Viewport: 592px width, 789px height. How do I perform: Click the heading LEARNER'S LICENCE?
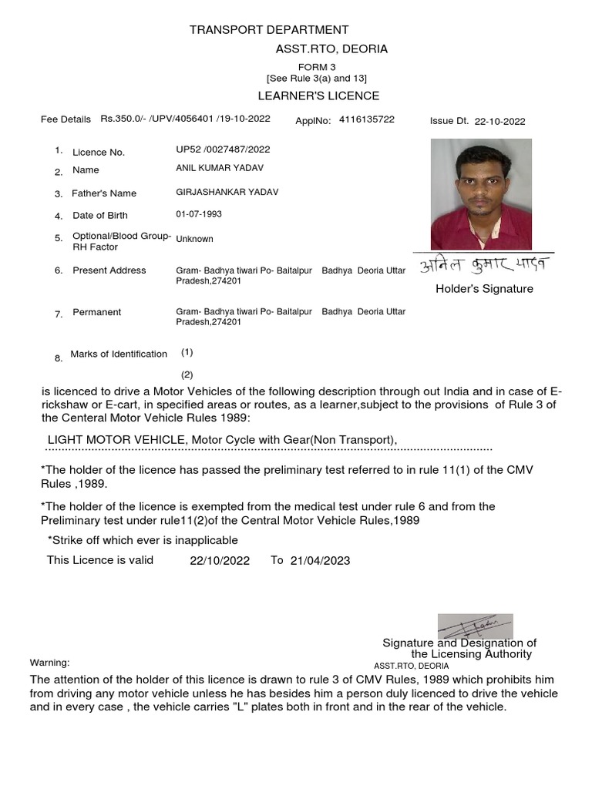pos(318,96)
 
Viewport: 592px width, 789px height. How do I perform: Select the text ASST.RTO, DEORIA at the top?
pos(331,49)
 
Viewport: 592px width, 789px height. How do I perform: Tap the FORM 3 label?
pos(317,67)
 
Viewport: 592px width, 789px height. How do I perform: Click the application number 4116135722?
pos(366,119)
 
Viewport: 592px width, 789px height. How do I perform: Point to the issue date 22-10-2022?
pos(499,121)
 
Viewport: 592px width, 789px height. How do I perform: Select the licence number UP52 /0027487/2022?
pos(223,149)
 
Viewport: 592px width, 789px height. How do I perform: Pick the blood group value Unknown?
pos(194,239)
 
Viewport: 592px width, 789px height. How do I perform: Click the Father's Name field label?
pos(104,193)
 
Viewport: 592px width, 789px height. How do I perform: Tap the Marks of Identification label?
pos(119,354)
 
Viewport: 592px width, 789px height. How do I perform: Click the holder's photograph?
pos(481,193)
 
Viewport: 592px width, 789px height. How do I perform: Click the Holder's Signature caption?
pos(484,289)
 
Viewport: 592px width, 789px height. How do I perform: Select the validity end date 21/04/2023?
pos(320,561)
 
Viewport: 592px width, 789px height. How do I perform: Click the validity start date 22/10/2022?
pos(220,561)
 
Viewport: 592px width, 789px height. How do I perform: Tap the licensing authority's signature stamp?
pos(475,626)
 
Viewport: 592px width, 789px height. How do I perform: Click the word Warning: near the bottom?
pos(49,663)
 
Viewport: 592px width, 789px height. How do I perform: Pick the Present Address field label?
pos(109,270)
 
